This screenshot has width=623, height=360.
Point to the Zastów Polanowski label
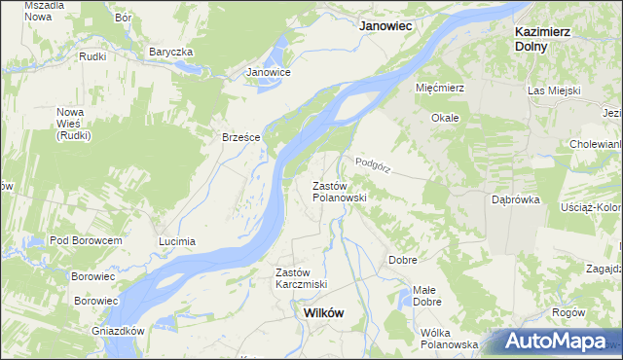(x=339, y=191)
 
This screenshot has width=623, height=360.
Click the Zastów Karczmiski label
(x=301, y=277)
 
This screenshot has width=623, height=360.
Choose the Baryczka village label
(x=171, y=52)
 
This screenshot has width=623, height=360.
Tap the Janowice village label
(x=269, y=72)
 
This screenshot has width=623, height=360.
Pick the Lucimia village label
(x=177, y=240)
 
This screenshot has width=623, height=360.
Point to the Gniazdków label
(x=116, y=331)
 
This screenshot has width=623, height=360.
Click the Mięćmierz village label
(x=441, y=88)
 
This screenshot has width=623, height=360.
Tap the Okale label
(x=445, y=118)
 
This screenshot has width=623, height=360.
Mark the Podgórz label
(x=373, y=165)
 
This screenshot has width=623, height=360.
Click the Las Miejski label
(x=554, y=90)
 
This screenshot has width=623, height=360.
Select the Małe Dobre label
(x=426, y=296)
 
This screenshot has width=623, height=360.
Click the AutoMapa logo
(x=556, y=342)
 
